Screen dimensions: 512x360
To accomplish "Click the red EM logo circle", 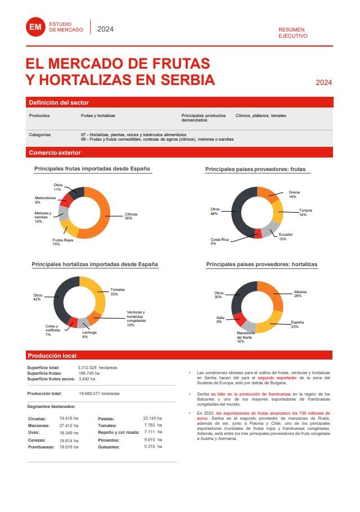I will (x=35, y=27).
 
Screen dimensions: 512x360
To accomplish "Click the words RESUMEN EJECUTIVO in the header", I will (x=293, y=32).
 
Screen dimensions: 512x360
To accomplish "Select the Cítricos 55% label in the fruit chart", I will (x=131, y=216).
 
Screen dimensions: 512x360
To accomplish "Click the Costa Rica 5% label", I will (x=219, y=241).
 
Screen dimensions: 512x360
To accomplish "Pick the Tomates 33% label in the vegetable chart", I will (x=118, y=291).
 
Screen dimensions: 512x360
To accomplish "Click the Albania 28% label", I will (x=300, y=294).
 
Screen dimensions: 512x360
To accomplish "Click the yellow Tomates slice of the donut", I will (x=99, y=295).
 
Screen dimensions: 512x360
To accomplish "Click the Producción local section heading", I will (x=52, y=356).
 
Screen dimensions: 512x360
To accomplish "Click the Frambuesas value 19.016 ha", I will (x=68, y=447).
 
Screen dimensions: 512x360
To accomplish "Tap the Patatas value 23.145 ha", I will (x=152, y=419).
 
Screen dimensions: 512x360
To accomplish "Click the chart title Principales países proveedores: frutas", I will (x=258, y=169).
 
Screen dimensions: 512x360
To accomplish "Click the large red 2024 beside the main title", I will (x=323, y=82).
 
